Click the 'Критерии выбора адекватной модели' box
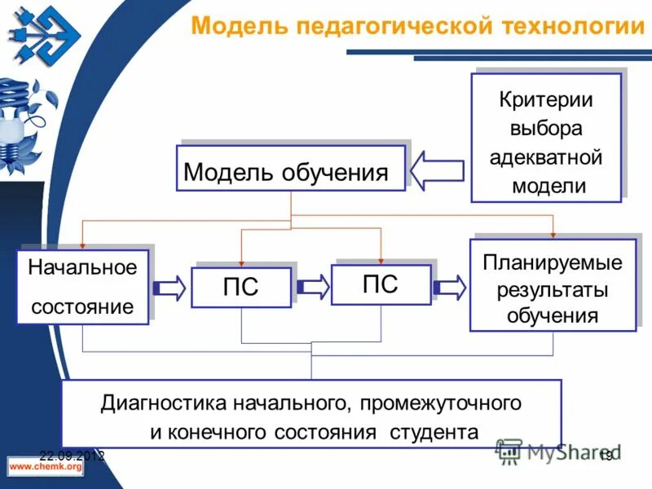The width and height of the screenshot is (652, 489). [x=545, y=138]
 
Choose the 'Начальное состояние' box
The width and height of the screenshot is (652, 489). [x=82, y=287]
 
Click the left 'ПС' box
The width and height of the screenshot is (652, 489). [x=240, y=288]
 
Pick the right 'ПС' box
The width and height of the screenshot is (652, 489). [x=380, y=284]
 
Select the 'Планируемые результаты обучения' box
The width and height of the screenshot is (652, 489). [x=552, y=285]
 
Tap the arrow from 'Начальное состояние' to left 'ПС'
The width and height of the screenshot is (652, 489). [x=170, y=288]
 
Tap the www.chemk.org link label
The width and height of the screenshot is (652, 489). [x=46, y=467]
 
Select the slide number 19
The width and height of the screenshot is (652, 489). [x=606, y=456]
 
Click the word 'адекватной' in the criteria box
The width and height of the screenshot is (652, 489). [x=545, y=157]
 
